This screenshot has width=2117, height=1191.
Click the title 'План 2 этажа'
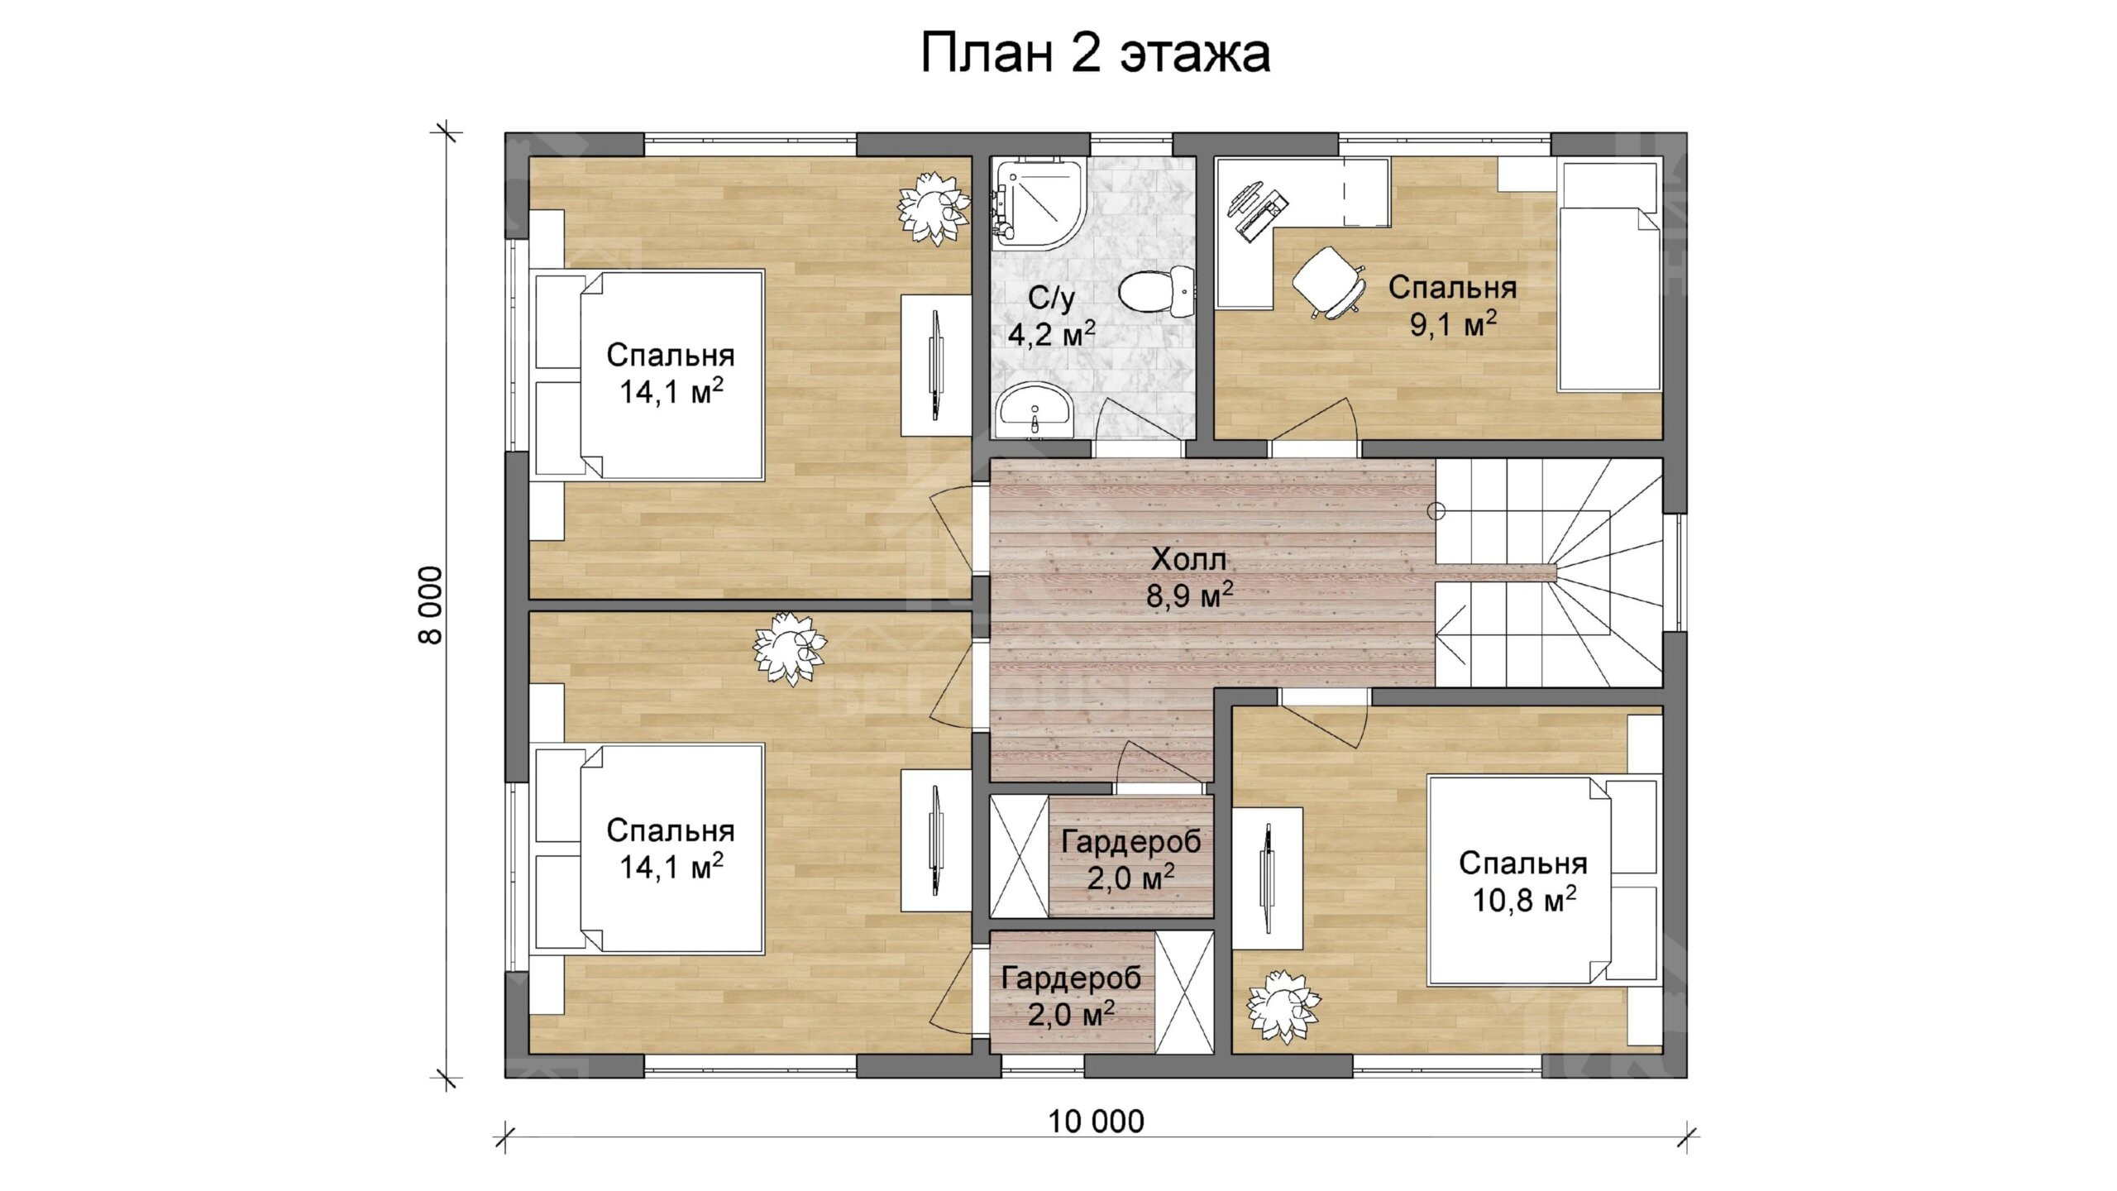click(x=1095, y=53)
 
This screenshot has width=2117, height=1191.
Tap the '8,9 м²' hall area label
click(x=1189, y=595)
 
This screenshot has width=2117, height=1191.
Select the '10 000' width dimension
click(x=1096, y=1122)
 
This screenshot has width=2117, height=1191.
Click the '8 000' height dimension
click(x=432, y=605)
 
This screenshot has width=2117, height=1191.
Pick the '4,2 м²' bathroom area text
click(x=1051, y=334)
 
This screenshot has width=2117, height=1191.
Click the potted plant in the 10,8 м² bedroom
click(x=1283, y=1006)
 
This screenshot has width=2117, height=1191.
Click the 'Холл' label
click(x=1188, y=560)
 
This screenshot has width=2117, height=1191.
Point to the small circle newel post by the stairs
click(x=1436, y=512)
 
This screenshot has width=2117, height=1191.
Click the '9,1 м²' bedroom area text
click(x=1453, y=324)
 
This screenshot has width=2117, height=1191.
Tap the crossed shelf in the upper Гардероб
click(x=1020, y=855)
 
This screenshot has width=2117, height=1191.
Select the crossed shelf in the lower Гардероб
click(x=1184, y=992)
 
